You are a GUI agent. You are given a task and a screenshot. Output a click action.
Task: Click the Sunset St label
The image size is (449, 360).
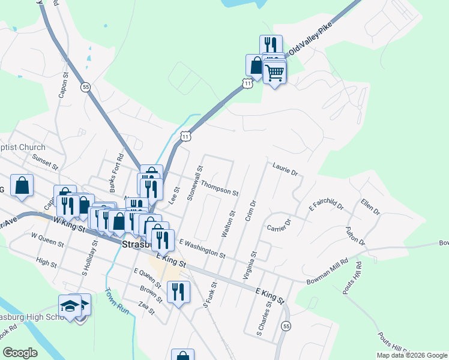(x=46, y=160)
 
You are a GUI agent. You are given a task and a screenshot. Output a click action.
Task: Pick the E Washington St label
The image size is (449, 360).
(x=202, y=248)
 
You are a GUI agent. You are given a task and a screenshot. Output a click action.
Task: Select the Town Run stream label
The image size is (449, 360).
(x=117, y=301)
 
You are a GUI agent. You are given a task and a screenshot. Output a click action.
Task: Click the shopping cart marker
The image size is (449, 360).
(x=274, y=73)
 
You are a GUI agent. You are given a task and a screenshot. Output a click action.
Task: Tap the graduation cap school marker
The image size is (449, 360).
(x=70, y=306)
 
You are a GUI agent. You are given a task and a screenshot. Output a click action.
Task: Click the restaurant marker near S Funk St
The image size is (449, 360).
(x=178, y=292)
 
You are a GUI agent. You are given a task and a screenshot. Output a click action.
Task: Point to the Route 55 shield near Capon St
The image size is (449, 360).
(x=87, y=86)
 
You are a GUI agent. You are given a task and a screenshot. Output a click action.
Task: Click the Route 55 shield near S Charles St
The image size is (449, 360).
(x=286, y=326)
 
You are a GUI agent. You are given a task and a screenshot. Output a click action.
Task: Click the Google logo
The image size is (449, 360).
(x=20, y=353)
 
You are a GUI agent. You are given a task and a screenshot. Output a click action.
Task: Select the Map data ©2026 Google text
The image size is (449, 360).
(x=411, y=355)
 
